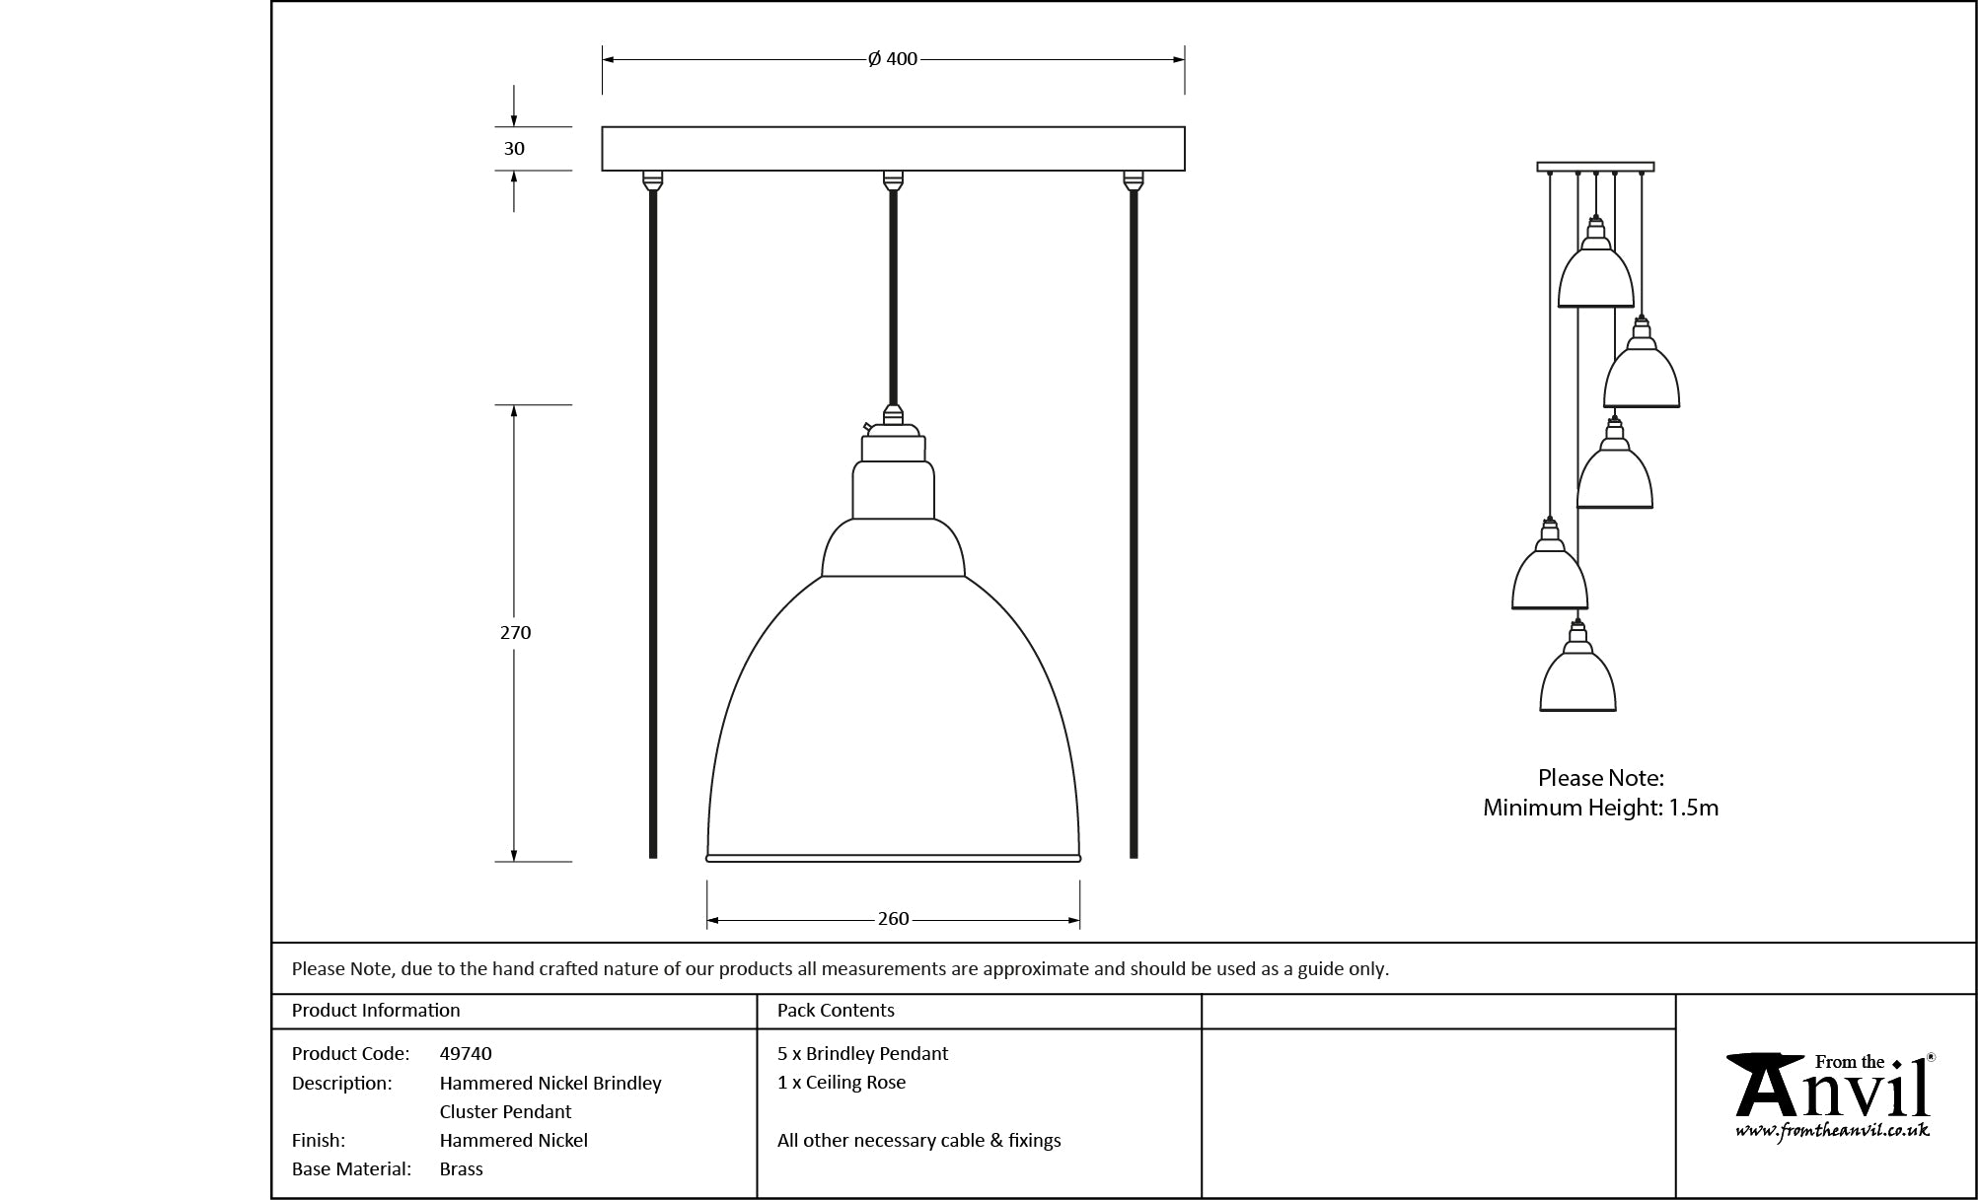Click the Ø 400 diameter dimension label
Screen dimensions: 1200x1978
click(x=893, y=59)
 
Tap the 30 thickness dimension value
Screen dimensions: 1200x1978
click(x=514, y=149)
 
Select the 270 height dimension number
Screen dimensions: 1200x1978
click(x=515, y=633)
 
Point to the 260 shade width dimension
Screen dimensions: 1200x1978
click(x=893, y=919)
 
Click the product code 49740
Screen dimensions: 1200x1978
click(x=466, y=1053)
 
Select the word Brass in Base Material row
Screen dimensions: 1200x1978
click(x=461, y=1168)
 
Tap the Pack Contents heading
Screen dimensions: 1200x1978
click(x=836, y=1010)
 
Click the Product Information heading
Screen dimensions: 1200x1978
click(x=376, y=1010)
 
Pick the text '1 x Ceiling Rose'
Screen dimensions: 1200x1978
click(x=842, y=1082)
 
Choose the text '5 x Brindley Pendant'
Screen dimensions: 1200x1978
click(x=862, y=1053)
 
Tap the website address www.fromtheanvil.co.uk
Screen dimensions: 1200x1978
click(x=1832, y=1130)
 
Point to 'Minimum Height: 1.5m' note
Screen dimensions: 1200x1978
click(x=1600, y=808)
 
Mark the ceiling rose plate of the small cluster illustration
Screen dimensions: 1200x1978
click(x=1595, y=167)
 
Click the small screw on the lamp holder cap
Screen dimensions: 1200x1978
click(x=867, y=427)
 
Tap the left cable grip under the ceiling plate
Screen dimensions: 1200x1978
click(x=652, y=180)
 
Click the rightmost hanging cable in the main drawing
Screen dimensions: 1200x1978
click(x=1133, y=523)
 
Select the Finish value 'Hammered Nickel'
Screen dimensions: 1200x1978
click(x=513, y=1140)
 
